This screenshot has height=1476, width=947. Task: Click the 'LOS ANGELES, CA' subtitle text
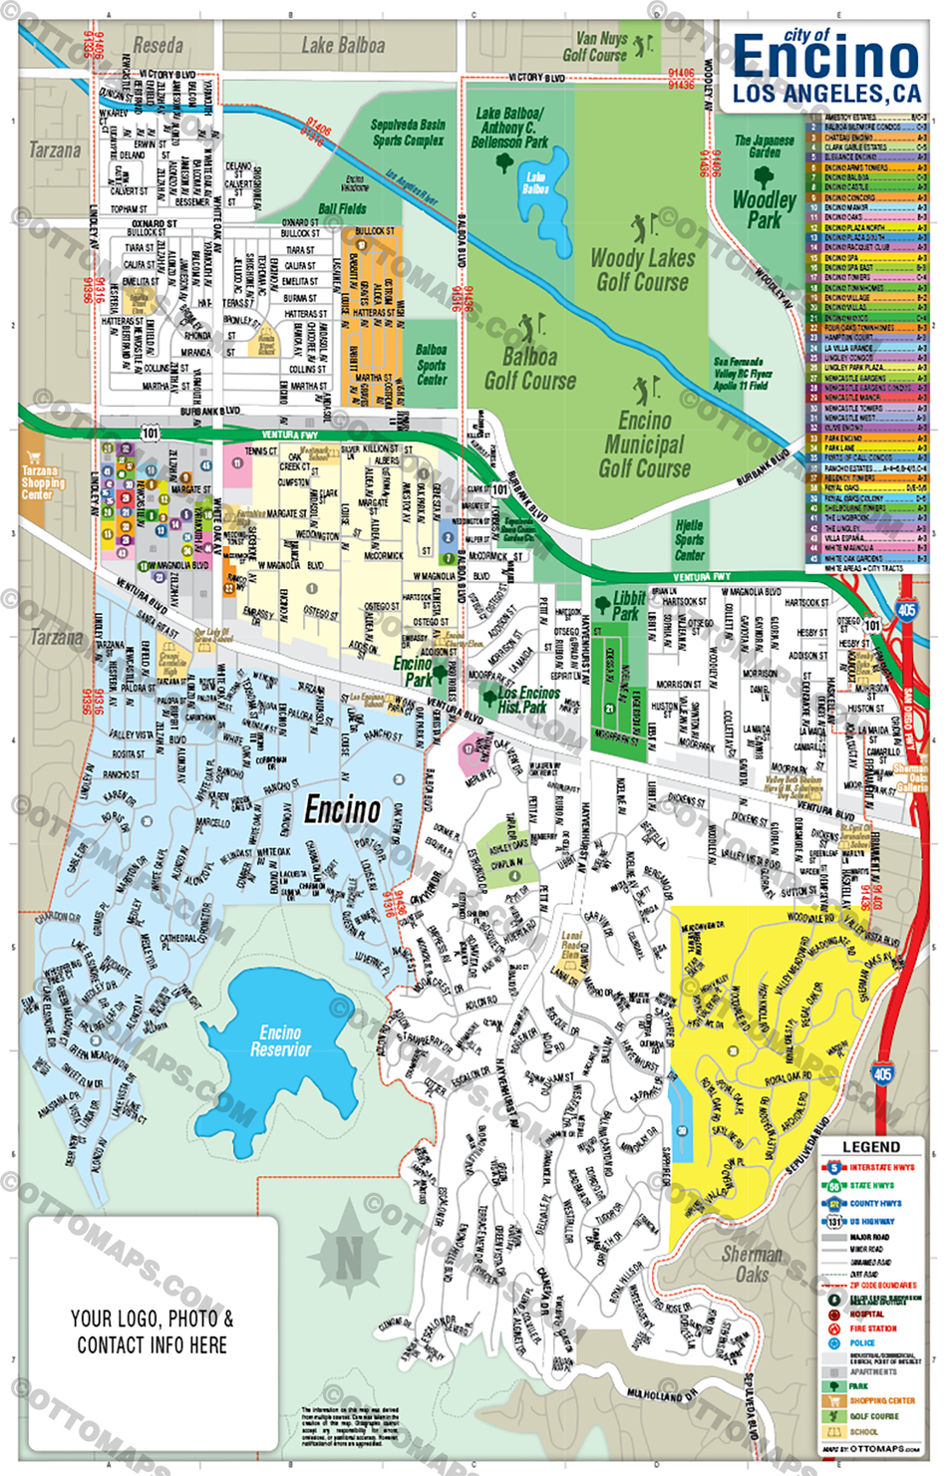point(826,95)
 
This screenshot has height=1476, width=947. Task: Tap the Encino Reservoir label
point(280,1041)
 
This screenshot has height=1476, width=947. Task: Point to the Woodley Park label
point(764,209)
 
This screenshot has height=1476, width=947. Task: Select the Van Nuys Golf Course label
point(595,47)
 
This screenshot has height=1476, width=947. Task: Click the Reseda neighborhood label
point(158,46)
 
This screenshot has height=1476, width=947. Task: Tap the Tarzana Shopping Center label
point(43,482)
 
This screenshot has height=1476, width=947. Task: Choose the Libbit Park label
point(628,605)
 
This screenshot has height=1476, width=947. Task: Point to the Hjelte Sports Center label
point(689,540)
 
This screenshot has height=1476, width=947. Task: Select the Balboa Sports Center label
point(431,365)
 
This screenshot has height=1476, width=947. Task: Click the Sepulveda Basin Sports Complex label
point(408,133)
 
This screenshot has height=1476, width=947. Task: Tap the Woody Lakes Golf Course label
point(643,270)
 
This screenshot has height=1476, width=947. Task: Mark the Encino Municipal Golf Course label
point(644,444)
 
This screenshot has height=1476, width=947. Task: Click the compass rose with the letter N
point(348,1258)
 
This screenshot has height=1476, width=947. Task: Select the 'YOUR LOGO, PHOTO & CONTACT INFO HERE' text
point(153,1331)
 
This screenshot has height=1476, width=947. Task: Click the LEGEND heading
point(871,1147)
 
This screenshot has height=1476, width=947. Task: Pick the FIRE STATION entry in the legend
point(872,1328)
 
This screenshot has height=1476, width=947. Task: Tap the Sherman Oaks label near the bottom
point(752,1264)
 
